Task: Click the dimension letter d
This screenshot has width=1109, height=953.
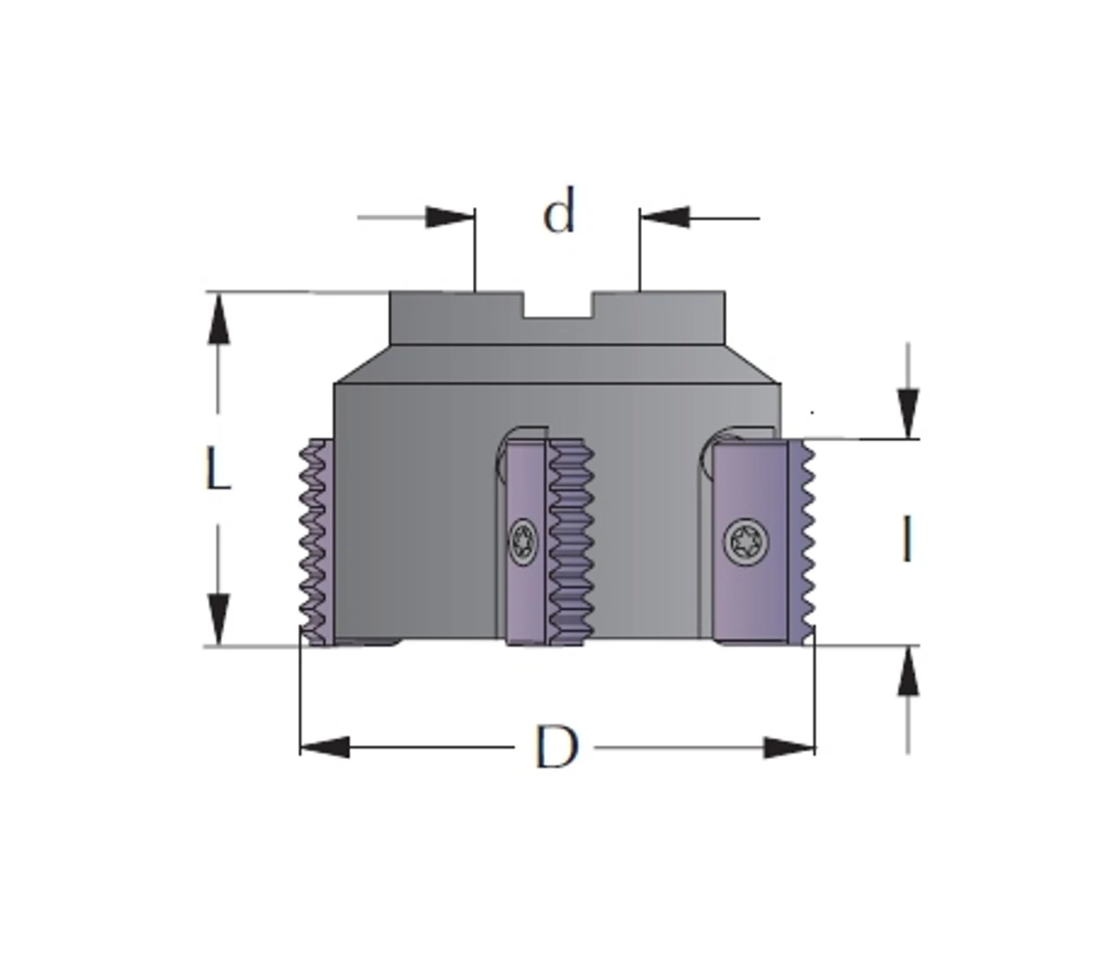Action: pyautogui.click(x=559, y=211)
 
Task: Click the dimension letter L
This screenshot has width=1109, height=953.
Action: pyautogui.click(x=218, y=469)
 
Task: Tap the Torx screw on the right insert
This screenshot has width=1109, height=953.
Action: pyautogui.click(x=746, y=541)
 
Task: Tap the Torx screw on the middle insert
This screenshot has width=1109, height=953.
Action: pyautogui.click(x=522, y=541)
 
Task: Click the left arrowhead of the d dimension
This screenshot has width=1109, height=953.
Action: pyautogui.click(x=451, y=217)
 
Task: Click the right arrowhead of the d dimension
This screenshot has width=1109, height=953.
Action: pyautogui.click(x=665, y=217)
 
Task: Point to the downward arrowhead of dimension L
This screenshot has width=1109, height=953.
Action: pyautogui.click(x=218, y=619)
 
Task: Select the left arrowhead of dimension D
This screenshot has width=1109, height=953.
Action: pyautogui.click(x=325, y=747)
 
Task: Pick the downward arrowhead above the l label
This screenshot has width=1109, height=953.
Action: pyautogui.click(x=908, y=414)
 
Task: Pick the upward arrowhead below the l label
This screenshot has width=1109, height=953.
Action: pyautogui.click(x=908, y=671)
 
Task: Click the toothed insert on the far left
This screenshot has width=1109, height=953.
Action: pyautogui.click(x=316, y=542)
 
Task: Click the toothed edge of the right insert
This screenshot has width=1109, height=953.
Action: pyautogui.click(x=802, y=542)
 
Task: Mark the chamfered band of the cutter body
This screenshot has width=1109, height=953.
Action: pyautogui.click(x=557, y=365)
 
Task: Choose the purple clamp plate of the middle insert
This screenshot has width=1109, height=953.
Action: pyautogui.click(x=526, y=542)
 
